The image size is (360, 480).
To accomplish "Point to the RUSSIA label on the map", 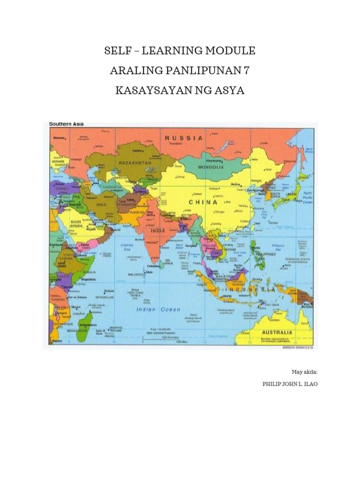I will point(183,138).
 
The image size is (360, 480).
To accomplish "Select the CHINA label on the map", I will point(203,202).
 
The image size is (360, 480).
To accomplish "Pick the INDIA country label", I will point(158,231).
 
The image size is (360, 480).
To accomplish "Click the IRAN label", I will point(102,204).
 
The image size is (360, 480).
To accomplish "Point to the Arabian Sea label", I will point(127,247).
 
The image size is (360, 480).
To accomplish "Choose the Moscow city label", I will point(59,138).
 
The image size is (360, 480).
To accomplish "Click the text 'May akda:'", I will point(304,372).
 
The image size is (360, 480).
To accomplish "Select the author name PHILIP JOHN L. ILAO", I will point(288,383).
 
